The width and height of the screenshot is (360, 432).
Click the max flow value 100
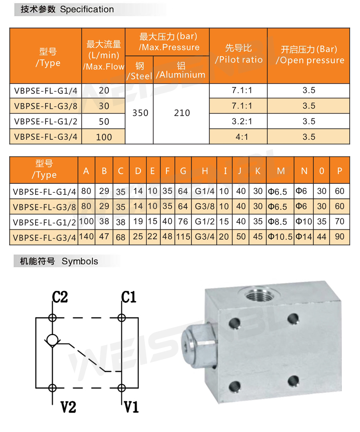(104, 137)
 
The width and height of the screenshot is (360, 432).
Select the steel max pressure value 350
(140, 113)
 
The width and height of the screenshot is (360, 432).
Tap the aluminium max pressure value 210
(182, 113)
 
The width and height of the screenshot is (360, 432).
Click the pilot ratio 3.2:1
(242, 121)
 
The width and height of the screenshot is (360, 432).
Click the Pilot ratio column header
(239, 54)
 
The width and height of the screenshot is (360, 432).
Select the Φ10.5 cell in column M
(280, 237)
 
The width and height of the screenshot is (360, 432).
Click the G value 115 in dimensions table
(183, 237)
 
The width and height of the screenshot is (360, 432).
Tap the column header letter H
(205, 171)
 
